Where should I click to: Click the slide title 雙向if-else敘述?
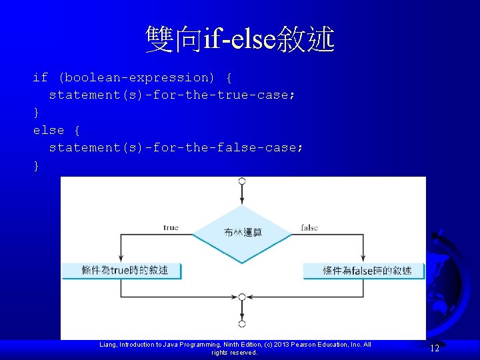[x=240, y=39]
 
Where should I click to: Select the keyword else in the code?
[x=49, y=130]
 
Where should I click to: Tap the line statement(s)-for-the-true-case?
[x=171, y=95]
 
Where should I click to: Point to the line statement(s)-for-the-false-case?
[x=175, y=147]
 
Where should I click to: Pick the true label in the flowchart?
[x=171, y=227]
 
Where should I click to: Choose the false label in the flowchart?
[x=309, y=227]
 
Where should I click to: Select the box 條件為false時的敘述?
[x=364, y=270]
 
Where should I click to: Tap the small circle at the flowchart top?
[x=242, y=181]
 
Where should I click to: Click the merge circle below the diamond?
[x=242, y=297]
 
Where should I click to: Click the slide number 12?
[x=435, y=348]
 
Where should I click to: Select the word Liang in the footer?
[x=107, y=345]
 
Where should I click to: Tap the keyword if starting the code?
[x=40, y=77]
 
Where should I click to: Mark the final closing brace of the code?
[x=36, y=165]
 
